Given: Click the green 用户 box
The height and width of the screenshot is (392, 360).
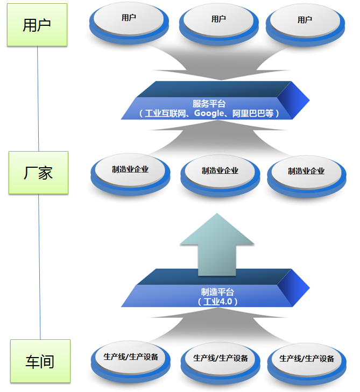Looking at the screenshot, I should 37,25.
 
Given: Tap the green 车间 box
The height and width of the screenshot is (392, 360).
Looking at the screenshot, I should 40,361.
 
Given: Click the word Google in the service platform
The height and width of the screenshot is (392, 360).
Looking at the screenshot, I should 210,113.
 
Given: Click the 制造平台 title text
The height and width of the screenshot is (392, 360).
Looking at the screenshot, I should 217,292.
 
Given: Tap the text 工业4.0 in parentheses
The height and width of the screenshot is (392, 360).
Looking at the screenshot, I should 217,302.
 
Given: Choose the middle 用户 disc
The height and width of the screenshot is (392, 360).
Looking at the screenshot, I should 218,22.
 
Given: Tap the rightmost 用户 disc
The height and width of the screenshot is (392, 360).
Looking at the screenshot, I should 305,22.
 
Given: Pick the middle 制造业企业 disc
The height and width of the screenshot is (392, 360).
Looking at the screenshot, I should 220,173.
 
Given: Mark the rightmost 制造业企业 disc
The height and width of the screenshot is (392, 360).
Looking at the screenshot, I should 306,173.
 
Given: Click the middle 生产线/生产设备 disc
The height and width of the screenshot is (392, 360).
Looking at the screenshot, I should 221,361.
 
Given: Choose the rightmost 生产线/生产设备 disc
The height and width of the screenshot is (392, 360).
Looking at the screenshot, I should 307,361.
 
